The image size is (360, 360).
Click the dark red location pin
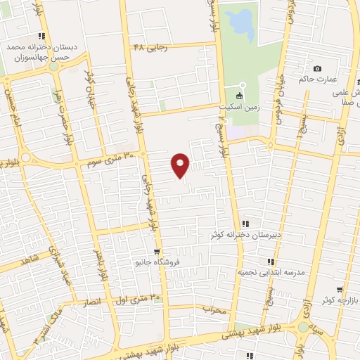point(181,165)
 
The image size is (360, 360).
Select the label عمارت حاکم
point(318,79)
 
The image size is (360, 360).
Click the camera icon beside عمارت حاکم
point(318,68)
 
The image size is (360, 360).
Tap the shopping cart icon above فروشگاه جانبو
point(157,251)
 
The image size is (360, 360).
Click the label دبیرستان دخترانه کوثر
point(245,234)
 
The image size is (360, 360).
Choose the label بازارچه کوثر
point(336,300)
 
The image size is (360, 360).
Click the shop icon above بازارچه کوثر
point(340,289)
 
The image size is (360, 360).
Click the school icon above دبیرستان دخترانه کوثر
point(245,224)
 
